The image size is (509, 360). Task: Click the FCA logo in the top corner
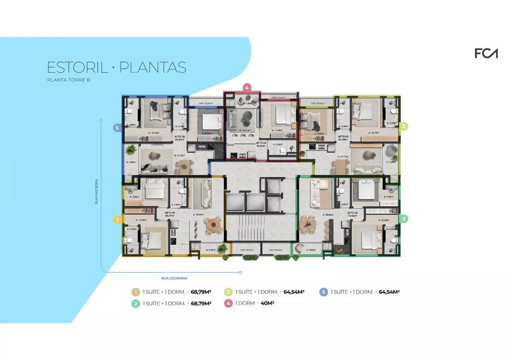point(486,53)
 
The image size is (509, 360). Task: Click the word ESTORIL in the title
point(76,68)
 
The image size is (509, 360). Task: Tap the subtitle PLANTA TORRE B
point(68,80)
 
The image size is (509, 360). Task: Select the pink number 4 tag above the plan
point(247,87)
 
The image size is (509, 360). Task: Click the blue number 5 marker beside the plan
point(117,128)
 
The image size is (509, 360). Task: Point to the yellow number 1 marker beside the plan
point(117,220)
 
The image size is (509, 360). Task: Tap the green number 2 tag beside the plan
point(404,219)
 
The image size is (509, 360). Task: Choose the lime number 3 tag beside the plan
point(403,126)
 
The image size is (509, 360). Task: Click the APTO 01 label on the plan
point(169,213)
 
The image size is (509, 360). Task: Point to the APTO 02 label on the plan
point(351,213)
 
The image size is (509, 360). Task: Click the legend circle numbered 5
point(323,292)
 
